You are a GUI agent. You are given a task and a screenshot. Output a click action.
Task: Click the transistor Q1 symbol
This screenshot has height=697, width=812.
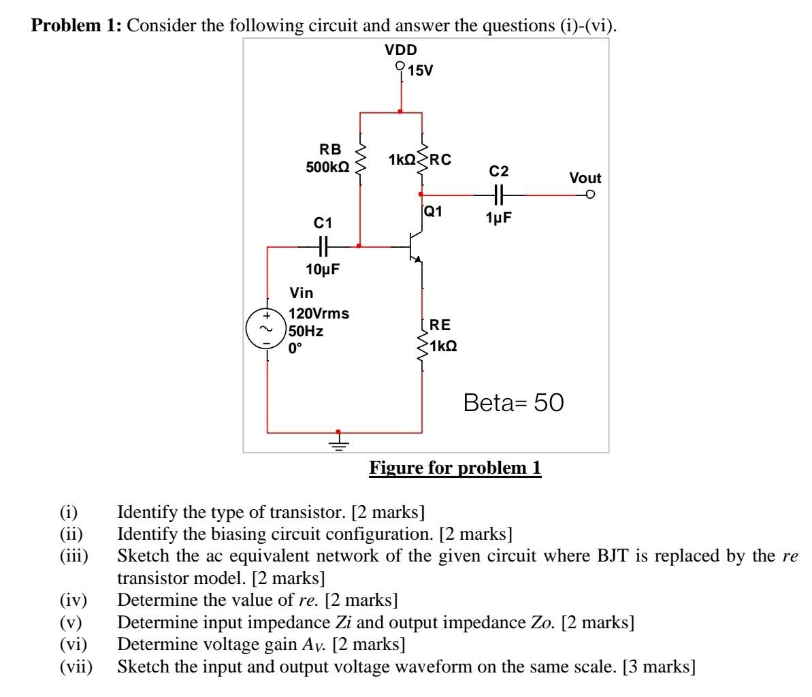click(x=415, y=248)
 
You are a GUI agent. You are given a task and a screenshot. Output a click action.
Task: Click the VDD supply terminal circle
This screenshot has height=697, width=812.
click(x=400, y=67)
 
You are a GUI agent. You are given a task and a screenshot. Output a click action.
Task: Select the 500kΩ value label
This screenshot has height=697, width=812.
click(x=327, y=167)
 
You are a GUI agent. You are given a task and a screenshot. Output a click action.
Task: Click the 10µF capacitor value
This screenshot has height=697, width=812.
click(x=323, y=270)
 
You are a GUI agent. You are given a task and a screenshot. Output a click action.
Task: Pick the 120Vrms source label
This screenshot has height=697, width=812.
click(x=319, y=314)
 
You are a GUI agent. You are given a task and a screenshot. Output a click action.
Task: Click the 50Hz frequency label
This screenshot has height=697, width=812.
click(x=306, y=331)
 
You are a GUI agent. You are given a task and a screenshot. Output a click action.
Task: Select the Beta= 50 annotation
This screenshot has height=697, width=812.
click(x=514, y=403)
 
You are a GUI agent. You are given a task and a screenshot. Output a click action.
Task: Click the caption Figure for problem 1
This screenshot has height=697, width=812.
click(x=455, y=468)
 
